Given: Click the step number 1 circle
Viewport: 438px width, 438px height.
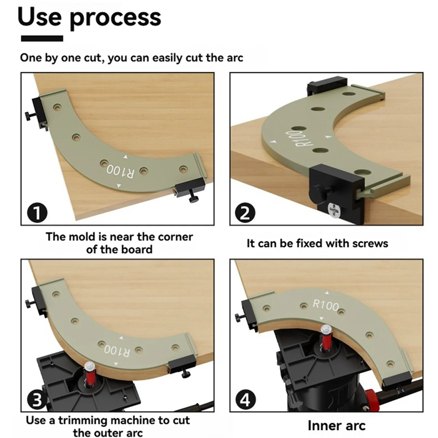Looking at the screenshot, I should coord(37,212).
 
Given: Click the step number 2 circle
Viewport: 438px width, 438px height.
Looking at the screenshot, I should coord(245,212).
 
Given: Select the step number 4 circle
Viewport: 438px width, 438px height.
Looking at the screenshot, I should coord(245,400).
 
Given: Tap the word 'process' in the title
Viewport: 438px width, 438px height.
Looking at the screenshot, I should coord(115,19).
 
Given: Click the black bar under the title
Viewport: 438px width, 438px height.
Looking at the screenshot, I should coord(42,38).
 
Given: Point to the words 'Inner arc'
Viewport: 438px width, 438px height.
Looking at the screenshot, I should coord(336,426).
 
